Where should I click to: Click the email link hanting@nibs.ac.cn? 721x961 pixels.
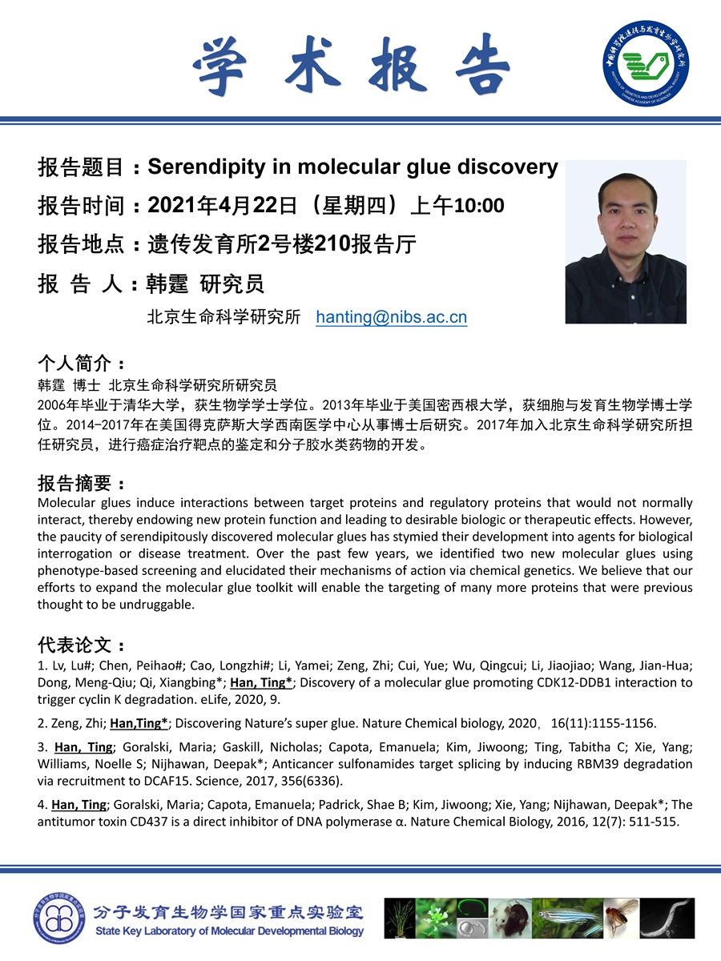(x=392, y=317)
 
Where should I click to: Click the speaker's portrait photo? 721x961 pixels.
(x=626, y=242)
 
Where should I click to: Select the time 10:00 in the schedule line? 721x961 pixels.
(x=479, y=206)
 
